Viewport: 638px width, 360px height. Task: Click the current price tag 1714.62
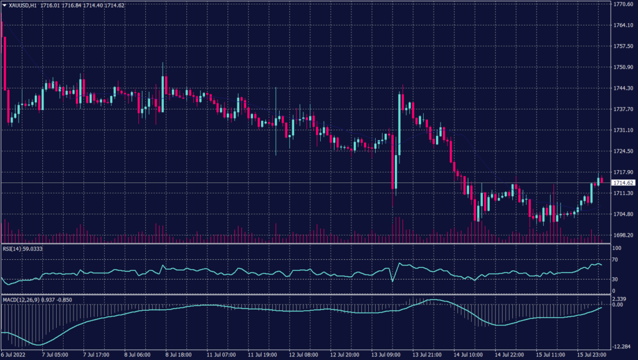click(624, 182)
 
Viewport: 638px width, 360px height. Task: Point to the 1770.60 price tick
click(624, 4)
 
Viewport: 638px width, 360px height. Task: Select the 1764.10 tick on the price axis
click(624, 26)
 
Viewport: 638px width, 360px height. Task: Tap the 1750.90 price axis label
click(624, 67)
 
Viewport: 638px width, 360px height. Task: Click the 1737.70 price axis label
click(624, 109)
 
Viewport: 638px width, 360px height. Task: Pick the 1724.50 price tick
click(624, 151)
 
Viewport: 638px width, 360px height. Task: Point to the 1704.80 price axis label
click(624, 214)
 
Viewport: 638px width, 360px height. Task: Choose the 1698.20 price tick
click(624, 235)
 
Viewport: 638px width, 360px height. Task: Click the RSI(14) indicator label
click(13, 249)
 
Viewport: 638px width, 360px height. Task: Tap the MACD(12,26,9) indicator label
click(20, 300)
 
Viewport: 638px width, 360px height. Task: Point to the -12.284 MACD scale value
click(622, 346)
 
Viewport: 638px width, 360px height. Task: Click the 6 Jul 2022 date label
click(13, 355)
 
